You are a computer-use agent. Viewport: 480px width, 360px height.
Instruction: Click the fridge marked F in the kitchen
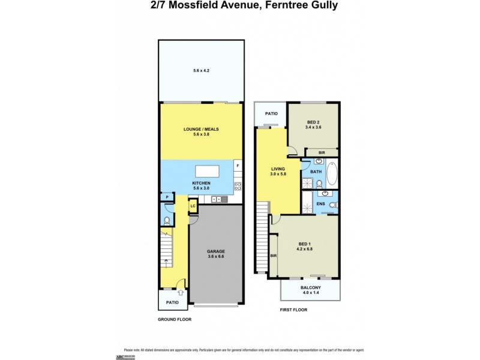click(x=238, y=165)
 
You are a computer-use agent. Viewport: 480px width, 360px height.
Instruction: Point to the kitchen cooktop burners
click(x=238, y=185)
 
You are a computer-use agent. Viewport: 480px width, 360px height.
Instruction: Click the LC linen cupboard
click(x=193, y=206)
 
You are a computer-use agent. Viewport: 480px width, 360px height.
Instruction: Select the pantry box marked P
click(x=166, y=197)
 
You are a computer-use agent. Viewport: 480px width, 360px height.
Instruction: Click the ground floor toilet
click(x=166, y=220)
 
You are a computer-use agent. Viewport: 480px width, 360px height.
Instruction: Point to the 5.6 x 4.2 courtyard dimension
click(x=201, y=71)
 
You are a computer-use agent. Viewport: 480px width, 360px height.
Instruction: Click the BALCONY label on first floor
click(x=310, y=287)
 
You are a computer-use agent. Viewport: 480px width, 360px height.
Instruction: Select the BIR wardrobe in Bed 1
click(x=274, y=256)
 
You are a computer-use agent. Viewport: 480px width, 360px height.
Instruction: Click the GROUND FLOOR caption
click(x=175, y=320)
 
